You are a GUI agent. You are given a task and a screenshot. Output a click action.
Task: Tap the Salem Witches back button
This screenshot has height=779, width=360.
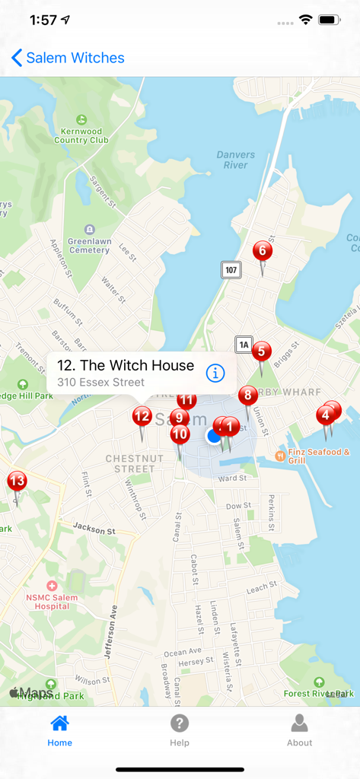pos(68,58)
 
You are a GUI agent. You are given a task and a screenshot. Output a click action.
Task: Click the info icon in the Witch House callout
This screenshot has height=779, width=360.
pos(216,373)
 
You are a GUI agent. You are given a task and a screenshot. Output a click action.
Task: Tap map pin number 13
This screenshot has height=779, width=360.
pos(17,482)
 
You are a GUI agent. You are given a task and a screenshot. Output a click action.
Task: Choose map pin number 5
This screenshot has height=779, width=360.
pos(261,351)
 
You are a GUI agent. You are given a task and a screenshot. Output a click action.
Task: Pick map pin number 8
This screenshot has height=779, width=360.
pos(247,396)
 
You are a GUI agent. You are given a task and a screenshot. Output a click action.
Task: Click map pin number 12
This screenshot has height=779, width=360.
pos(142,416)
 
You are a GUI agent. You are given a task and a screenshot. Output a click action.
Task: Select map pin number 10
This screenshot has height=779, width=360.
pos(180,435)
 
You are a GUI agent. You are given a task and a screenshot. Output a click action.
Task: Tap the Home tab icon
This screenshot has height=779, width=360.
pos(59,723)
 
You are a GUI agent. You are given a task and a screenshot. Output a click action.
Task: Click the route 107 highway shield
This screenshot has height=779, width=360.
pos(231,269)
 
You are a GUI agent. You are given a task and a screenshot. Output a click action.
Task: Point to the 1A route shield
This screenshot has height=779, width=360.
pos(243,345)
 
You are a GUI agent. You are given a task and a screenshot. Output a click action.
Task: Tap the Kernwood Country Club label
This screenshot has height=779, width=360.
pos(81,135)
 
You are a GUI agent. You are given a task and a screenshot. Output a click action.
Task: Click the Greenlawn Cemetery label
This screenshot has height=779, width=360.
pos(89,245)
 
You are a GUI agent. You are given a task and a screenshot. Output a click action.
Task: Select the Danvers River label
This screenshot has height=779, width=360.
pos(235,160)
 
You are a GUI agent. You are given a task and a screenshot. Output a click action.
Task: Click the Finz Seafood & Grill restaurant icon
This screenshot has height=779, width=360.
pos(279,456)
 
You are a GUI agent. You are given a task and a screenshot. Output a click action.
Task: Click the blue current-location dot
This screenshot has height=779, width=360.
pos(214,436)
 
